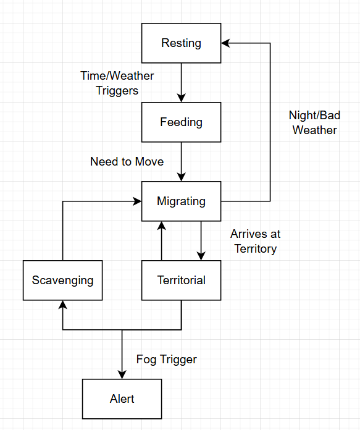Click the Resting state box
(x=181, y=43)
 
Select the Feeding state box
(x=181, y=122)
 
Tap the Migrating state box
(x=181, y=201)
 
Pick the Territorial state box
(x=181, y=280)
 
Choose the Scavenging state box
(x=62, y=280)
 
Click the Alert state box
(x=122, y=398)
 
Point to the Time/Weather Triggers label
(x=117, y=83)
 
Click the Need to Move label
(x=127, y=162)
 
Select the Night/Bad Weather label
(x=314, y=122)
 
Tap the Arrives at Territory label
(x=254, y=241)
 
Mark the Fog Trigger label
(x=166, y=360)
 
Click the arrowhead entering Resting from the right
(x=226, y=43)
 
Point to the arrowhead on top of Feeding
(x=181, y=98)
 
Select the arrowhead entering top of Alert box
(x=122, y=374)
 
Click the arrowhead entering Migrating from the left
(x=137, y=201)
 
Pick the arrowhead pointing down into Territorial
(x=201, y=256)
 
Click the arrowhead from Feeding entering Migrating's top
(x=181, y=177)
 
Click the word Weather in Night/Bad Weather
(x=314, y=130)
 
